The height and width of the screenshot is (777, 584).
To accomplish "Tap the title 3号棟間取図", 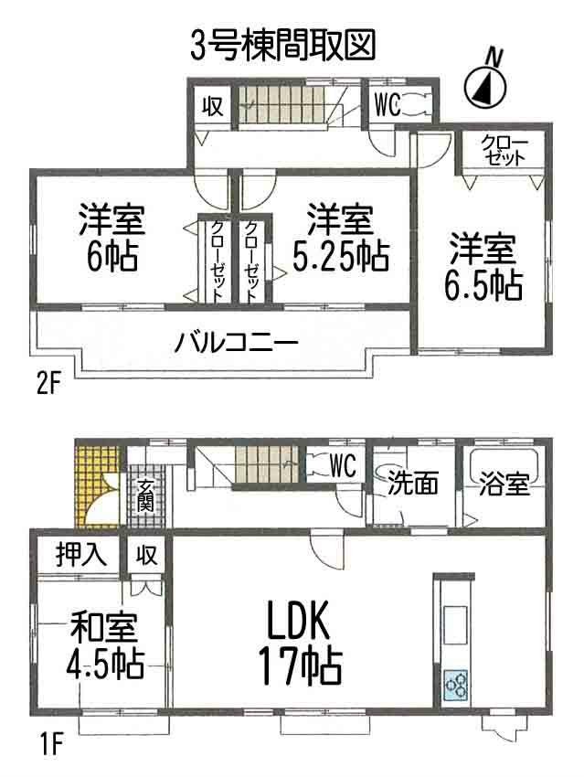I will pyautogui.click(x=282, y=43).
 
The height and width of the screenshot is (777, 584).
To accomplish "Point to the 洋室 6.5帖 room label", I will pyautogui.click(x=483, y=268).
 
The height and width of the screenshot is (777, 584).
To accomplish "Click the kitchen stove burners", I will pyautogui.click(x=455, y=684).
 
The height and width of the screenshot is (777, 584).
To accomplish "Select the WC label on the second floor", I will pyautogui.click(x=386, y=105).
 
